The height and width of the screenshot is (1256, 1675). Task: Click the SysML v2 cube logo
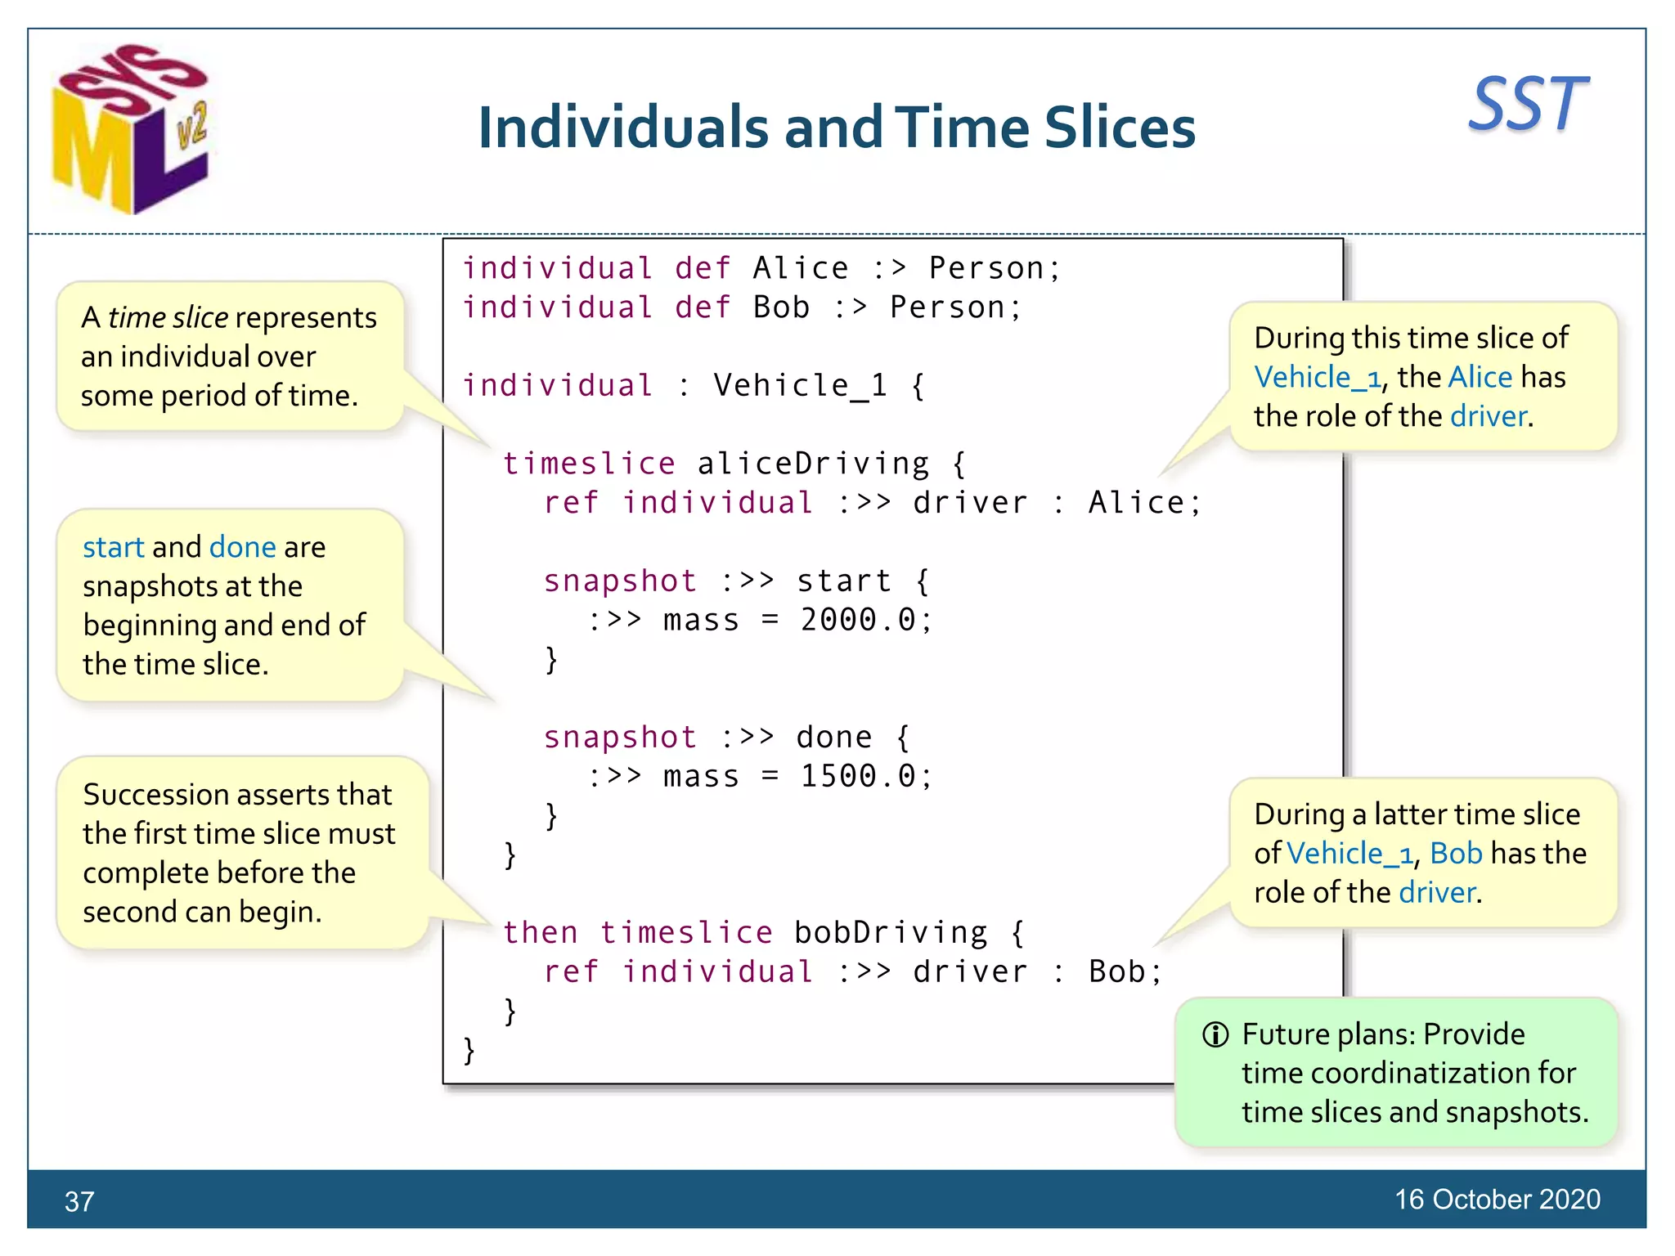(x=131, y=131)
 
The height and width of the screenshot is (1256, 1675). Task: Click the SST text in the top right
(x=1528, y=105)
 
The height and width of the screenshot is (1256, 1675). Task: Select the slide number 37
(x=79, y=1201)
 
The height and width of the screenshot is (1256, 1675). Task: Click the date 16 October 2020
(x=1497, y=1199)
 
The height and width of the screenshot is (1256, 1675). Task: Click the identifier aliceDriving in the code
(x=813, y=464)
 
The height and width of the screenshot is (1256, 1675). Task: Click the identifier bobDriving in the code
(x=891, y=932)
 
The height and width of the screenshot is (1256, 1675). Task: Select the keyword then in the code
(x=540, y=932)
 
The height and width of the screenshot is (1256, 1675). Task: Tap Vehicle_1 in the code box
(x=800, y=385)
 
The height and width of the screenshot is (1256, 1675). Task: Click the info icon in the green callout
(x=1215, y=1034)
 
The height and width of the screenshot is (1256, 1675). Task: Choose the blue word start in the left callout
(x=113, y=547)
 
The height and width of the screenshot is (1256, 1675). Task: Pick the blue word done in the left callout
(x=242, y=547)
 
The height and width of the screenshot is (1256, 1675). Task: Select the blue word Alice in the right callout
(x=1480, y=377)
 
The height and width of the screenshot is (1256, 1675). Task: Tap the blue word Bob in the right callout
(x=1456, y=853)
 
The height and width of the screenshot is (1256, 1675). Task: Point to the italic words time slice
(x=168, y=317)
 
